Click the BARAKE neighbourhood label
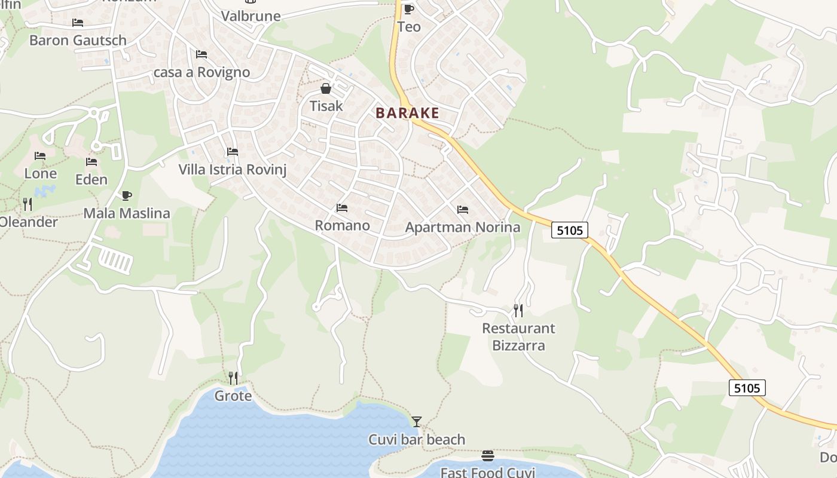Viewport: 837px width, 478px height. pos(407,113)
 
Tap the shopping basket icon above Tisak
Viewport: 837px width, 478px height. pos(326,89)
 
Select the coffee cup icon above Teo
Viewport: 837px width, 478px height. pos(409,9)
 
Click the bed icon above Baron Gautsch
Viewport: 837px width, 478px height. pos(78,23)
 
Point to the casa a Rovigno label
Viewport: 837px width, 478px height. pos(202,72)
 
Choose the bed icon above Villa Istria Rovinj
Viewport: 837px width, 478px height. pos(233,152)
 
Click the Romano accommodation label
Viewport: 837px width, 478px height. pos(342,225)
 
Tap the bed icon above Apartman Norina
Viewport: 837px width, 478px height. pos(462,210)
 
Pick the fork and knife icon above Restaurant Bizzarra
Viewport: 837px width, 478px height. pos(518,311)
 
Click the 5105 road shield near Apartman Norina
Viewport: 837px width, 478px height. pos(569,230)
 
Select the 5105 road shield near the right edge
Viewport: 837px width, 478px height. pos(747,388)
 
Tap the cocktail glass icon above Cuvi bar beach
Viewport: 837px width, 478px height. pos(417,422)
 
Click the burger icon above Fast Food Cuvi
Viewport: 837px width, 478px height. pos(487,456)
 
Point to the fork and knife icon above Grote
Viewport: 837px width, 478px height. pos(233,378)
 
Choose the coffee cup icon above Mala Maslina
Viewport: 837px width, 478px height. pos(127,195)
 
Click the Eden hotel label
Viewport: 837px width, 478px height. pos(91,179)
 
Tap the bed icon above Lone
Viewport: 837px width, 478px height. pos(40,156)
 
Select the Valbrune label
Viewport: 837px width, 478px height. pos(251,16)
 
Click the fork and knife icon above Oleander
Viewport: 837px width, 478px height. pos(28,204)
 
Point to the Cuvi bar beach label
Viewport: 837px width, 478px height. pos(417,440)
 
